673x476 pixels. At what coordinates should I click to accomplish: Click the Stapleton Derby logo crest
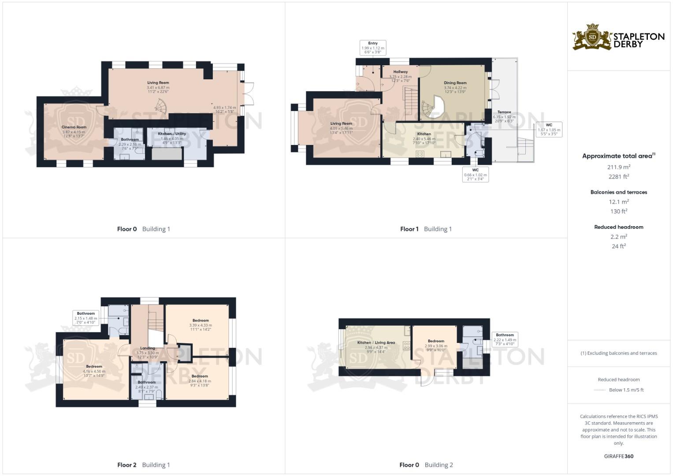[x=592, y=37]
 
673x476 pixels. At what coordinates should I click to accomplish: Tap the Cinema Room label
[x=74, y=127]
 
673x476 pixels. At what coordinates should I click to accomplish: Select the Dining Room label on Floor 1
[x=455, y=83]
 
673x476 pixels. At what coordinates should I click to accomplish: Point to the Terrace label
[x=504, y=112]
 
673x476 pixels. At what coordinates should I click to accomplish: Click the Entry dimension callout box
[x=372, y=48]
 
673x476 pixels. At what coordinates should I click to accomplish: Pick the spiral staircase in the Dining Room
[x=430, y=108]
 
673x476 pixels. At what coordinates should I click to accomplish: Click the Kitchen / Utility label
[x=171, y=134]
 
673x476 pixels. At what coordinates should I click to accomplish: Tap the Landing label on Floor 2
[x=147, y=348]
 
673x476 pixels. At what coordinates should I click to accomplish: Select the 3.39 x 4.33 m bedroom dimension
[x=201, y=325]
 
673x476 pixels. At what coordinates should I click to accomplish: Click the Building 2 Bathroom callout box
[x=505, y=339]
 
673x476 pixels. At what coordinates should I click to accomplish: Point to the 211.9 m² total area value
[x=618, y=167]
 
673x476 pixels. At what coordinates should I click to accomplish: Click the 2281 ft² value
[x=618, y=177]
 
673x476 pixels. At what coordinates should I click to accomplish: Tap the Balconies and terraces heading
[x=618, y=192]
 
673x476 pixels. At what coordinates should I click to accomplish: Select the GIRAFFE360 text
[x=618, y=456]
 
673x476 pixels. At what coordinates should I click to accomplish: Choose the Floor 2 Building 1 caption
[x=143, y=465]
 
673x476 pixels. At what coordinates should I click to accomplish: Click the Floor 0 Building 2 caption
[x=426, y=465]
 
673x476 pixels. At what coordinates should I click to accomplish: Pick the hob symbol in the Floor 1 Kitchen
[x=420, y=154]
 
